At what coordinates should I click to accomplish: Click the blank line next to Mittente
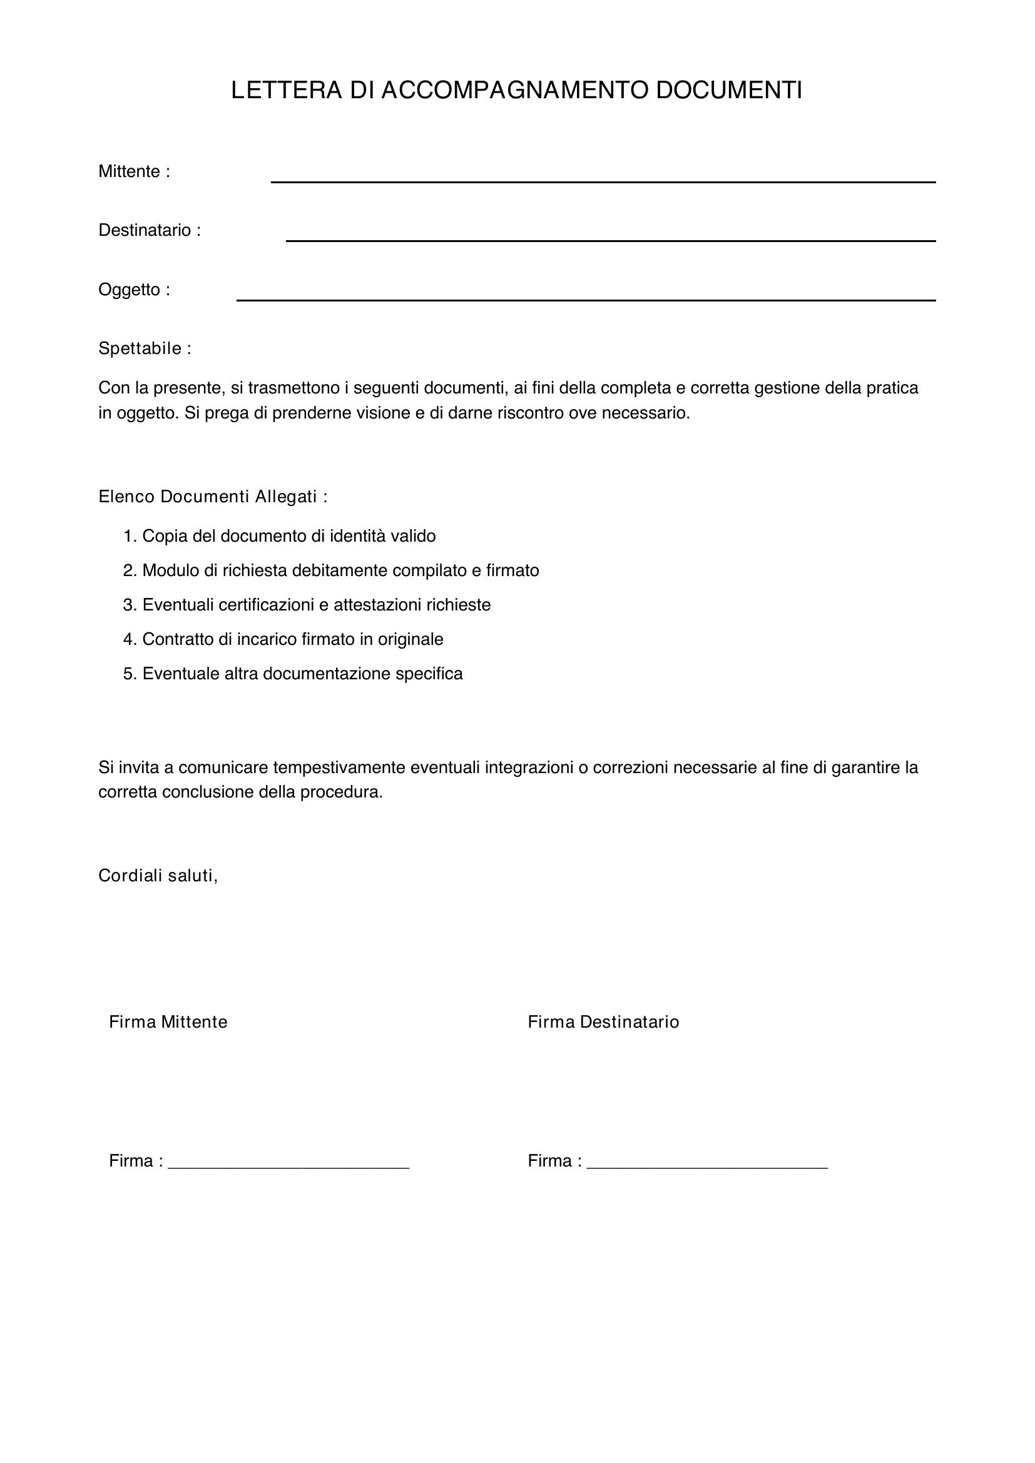click(603, 181)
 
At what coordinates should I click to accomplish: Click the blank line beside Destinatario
click(611, 240)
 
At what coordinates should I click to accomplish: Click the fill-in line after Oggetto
click(586, 300)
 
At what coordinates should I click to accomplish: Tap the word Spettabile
click(140, 348)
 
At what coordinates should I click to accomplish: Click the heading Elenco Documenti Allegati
click(213, 497)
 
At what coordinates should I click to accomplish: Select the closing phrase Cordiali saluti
click(158, 876)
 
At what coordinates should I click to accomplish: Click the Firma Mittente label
click(168, 1023)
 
